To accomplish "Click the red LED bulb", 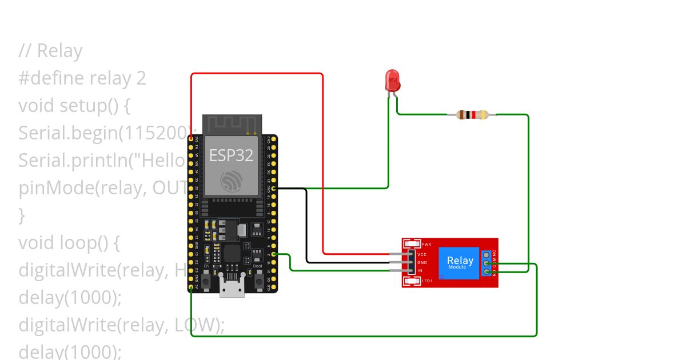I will click(392, 81).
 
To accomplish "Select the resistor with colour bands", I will click(472, 114).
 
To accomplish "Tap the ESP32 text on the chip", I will click(231, 155).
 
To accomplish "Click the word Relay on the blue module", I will click(460, 261).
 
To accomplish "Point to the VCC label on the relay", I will click(422, 254).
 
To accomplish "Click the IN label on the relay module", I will click(420, 270).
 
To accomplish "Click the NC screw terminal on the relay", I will click(486, 254).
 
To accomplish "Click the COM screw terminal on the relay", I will click(486, 263).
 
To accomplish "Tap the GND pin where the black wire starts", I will click(274, 188).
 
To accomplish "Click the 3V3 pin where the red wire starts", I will click(191, 139).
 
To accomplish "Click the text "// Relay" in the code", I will click(50, 51).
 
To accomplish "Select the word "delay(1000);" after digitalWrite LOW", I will click(70, 351).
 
